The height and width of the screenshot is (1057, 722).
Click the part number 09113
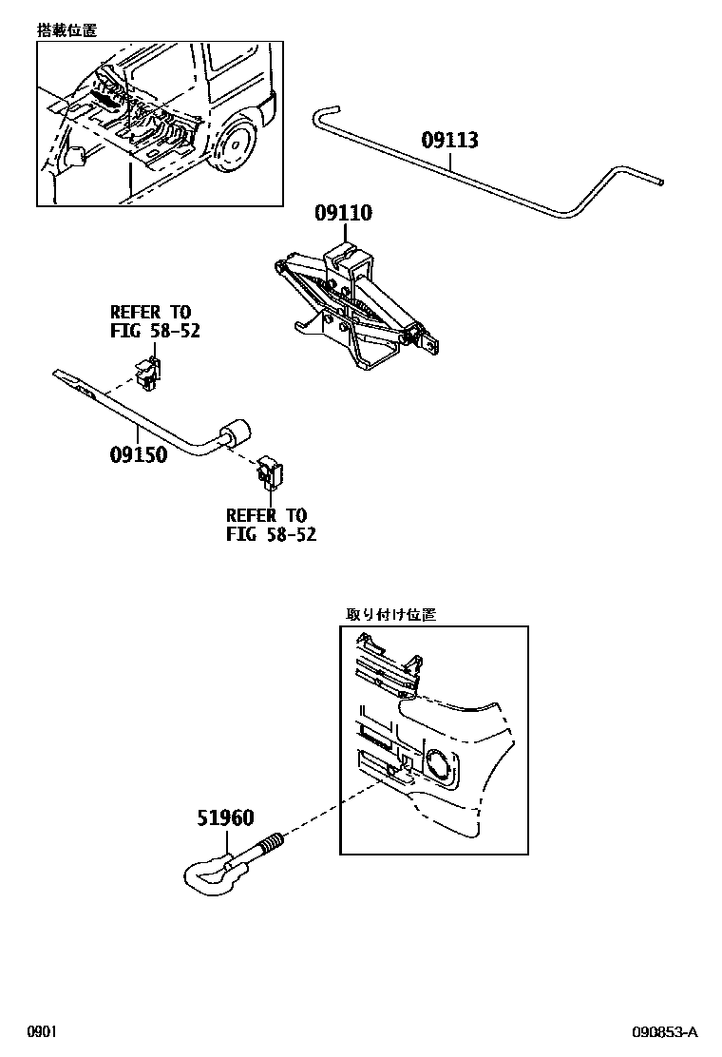[449, 142]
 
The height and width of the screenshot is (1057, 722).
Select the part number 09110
[343, 214]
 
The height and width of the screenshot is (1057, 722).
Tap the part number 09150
[138, 454]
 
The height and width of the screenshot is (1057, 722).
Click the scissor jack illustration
[356, 304]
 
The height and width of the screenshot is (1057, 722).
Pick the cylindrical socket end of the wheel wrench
[235, 436]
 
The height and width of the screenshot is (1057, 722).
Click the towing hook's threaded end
[272, 842]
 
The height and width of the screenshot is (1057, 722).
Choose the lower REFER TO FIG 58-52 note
[271, 525]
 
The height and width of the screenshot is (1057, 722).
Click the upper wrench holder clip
[147, 372]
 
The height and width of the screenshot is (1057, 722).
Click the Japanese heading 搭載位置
[66, 30]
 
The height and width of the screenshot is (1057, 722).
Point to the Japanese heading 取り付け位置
[389, 615]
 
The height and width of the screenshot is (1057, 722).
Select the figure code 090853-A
[666, 1032]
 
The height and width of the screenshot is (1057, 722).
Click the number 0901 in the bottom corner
[43, 1032]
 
